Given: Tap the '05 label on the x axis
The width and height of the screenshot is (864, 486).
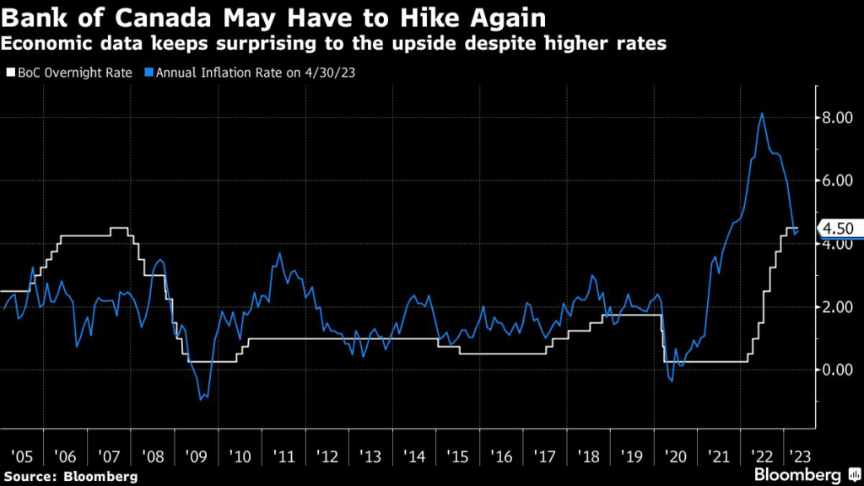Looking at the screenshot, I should click(x=23, y=456).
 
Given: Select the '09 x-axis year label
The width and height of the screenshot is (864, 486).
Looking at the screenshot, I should click(x=197, y=456).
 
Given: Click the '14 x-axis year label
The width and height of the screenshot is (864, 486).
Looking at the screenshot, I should click(x=414, y=456).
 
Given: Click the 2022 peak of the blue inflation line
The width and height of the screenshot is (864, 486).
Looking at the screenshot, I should click(x=763, y=113).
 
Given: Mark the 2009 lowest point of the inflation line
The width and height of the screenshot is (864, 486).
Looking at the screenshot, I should click(x=201, y=399).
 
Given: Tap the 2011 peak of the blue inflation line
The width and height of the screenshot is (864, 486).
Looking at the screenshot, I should click(x=279, y=253).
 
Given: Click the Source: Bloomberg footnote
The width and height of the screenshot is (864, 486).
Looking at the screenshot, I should click(x=70, y=477).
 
